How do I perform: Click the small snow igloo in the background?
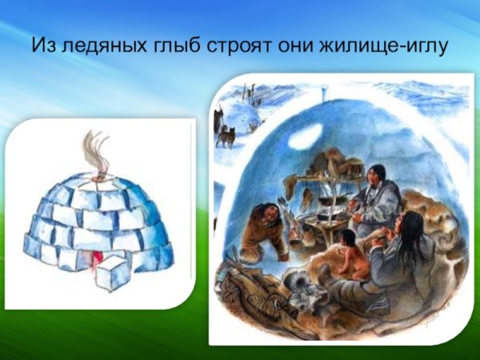tap(241, 116)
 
